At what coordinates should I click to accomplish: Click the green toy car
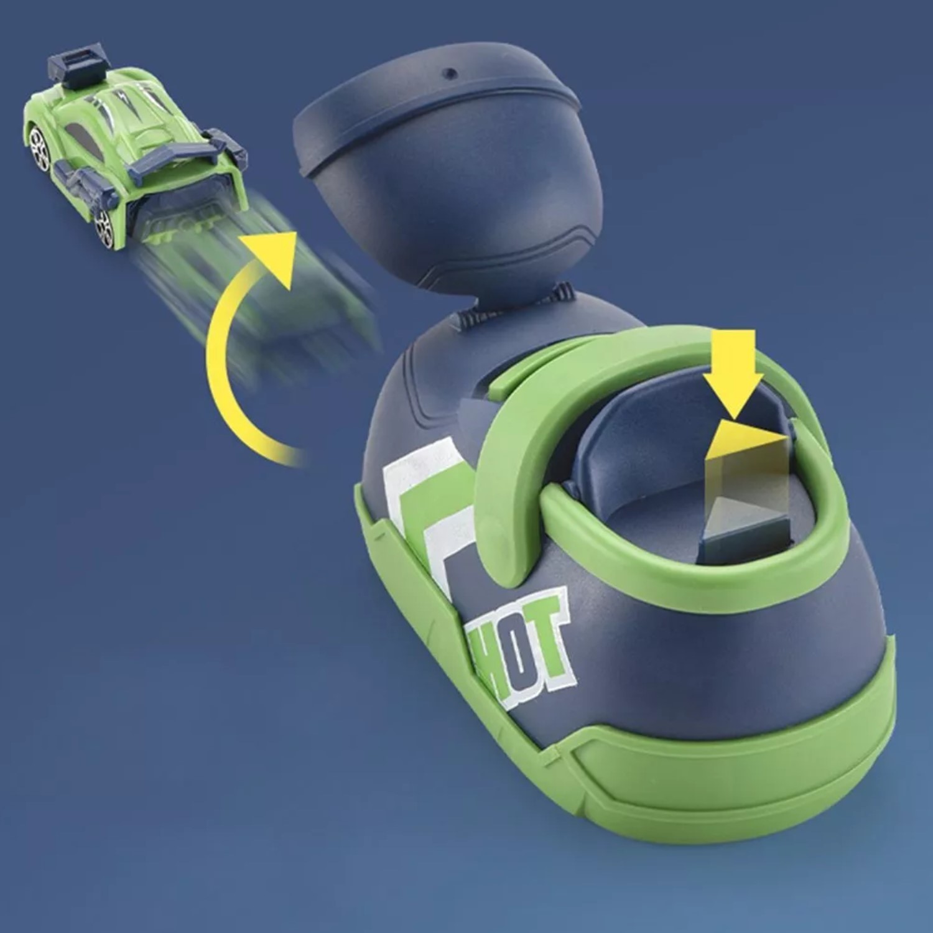point(134,143)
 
